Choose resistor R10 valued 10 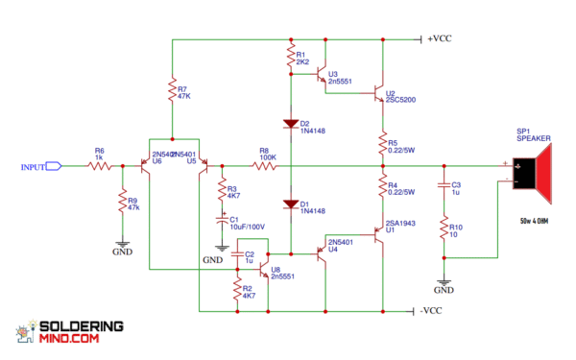point(444,230)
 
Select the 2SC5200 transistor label point(404,73)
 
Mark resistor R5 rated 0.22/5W point(382,145)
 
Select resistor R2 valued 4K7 point(237,292)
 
